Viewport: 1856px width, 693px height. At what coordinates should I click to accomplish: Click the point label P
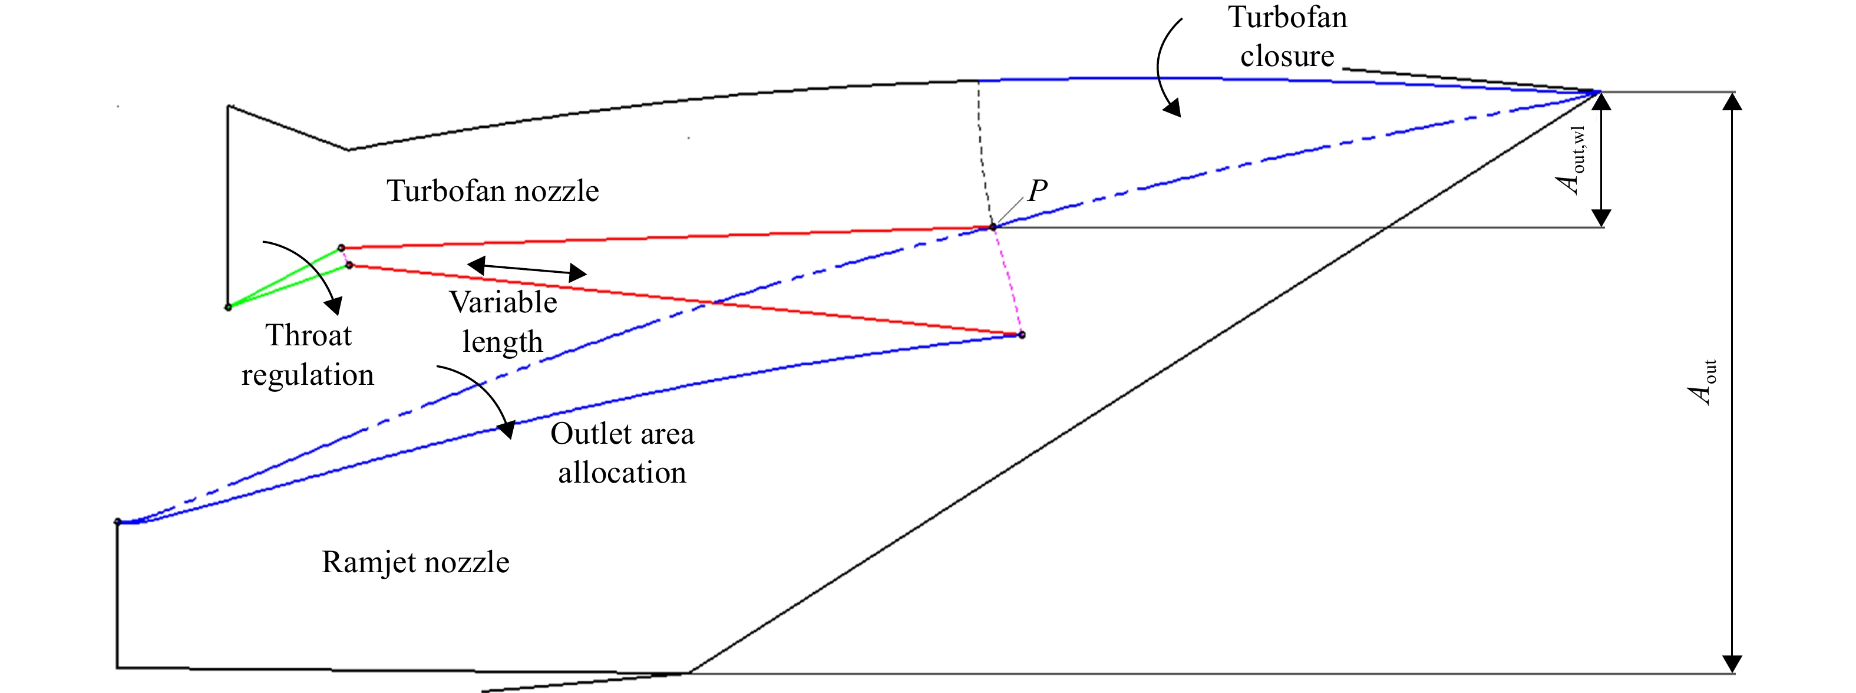[x=1038, y=190]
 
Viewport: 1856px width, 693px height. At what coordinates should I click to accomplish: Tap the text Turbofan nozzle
[x=493, y=191]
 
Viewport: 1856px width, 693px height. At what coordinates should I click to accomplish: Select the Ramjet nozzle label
[x=416, y=563]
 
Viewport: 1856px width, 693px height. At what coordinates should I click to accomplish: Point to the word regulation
[x=308, y=375]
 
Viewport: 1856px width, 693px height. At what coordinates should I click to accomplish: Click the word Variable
[x=504, y=302]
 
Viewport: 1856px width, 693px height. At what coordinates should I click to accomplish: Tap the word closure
[x=1287, y=55]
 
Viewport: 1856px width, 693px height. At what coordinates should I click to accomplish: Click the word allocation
[x=623, y=473]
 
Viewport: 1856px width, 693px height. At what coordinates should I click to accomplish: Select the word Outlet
[x=590, y=434]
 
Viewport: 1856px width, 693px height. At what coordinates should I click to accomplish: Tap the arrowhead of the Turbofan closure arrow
[x=1173, y=108]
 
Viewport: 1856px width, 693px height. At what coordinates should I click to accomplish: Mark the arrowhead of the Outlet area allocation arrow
[x=507, y=430]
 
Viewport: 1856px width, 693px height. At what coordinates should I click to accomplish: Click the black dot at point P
[x=993, y=227]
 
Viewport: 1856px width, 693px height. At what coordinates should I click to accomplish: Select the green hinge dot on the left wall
[x=229, y=307]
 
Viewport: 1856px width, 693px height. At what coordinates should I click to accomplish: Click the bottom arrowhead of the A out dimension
[x=1732, y=664]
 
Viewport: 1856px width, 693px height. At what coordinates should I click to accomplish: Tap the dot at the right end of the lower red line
[x=1022, y=335]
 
